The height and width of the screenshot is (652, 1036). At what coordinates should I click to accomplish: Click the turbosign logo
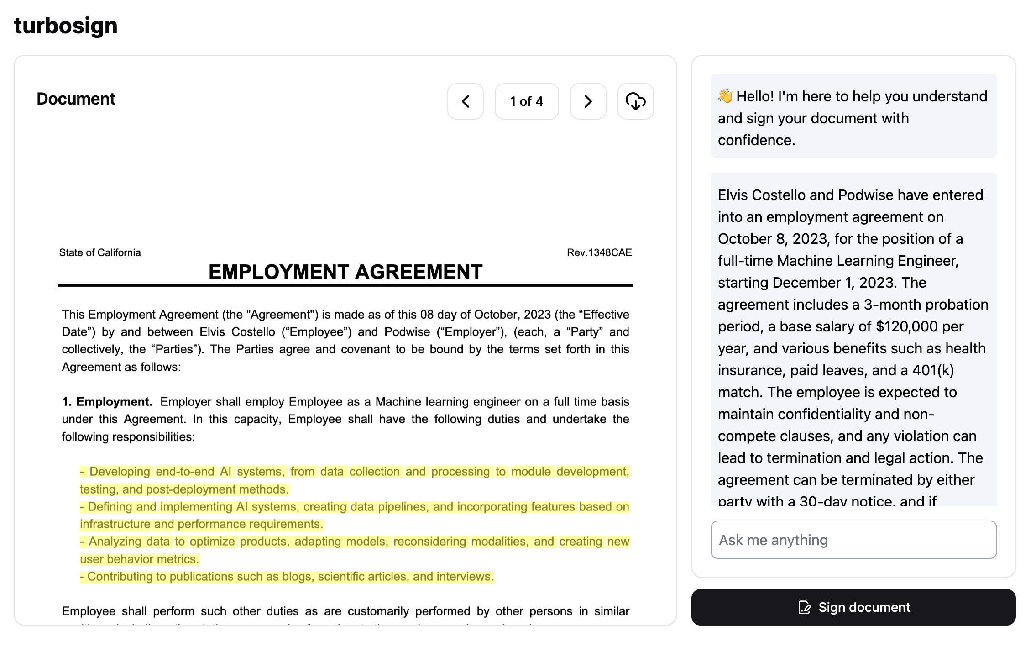pyautogui.click(x=66, y=26)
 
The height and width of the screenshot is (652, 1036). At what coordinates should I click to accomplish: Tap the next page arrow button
pyautogui.click(x=588, y=101)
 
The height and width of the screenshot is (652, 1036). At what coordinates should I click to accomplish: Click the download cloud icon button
pyautogui.click(x=635, y=101)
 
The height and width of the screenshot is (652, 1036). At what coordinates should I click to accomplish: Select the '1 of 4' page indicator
pyautogui.click(x=526, y=101)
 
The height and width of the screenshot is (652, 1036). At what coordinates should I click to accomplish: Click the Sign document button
pyautogui.click(x=853, y=607)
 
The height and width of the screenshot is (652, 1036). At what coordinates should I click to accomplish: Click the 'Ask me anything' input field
pyautogui.click(x=853, y=540)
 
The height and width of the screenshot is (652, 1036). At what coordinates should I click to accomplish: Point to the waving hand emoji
pyautogui.click(x=725, y=96)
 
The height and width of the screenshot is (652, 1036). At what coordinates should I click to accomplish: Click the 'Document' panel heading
pyautogui.click(x=76, y=99)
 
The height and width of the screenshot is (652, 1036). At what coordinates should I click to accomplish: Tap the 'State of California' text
pyautogui.click(x=100, y=252)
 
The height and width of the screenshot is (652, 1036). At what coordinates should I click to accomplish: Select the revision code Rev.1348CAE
pyautogui.click(x=599, y=252)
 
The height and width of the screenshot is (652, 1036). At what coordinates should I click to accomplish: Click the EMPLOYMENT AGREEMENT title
pyautogui.click(x=345, y=272)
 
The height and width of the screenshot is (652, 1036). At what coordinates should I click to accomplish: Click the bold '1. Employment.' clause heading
pyautogui.click(x=107, y=402)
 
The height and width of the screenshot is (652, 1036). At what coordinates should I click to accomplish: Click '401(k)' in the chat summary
pyautogui.click(x=933, y=370)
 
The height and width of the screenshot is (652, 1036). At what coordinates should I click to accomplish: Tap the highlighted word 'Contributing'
pyautogui.click(x=120, y=577)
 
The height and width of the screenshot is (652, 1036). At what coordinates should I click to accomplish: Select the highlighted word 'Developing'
pyautogui.click(x=120, y=472)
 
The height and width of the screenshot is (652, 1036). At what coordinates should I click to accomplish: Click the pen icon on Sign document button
pyautogui.click(x=804, y=607)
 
